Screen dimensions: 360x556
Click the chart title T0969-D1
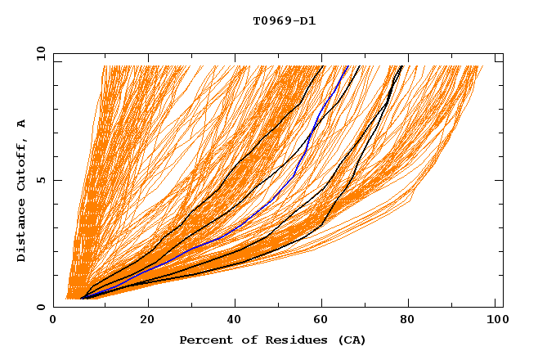[x=285, y=21]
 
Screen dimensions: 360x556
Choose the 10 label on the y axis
[x=40, y=53]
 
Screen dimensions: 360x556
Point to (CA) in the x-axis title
[x=352, y=340]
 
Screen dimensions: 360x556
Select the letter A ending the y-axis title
[x=21, y=124]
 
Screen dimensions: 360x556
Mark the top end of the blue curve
[x=347, y=66]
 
